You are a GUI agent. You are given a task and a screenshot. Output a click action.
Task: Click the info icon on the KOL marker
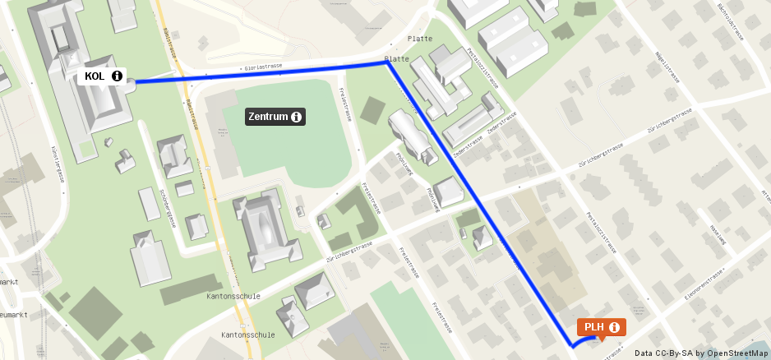[117, 76]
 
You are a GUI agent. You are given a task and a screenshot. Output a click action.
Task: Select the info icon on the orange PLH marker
[614, 327]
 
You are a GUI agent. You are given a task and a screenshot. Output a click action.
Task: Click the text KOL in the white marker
[95, 76]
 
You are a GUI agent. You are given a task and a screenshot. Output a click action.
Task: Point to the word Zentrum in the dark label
[268, 117]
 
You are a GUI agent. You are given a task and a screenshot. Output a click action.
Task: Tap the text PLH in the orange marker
[594, 327]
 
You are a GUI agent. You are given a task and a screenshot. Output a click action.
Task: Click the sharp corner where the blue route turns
[388, 62]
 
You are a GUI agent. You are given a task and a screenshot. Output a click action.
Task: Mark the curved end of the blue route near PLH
[575, 345]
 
